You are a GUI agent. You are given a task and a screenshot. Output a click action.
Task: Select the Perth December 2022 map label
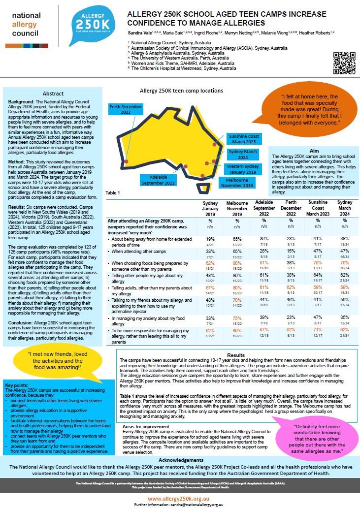(126, 109)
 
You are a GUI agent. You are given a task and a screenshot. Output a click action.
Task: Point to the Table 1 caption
(112, 192)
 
